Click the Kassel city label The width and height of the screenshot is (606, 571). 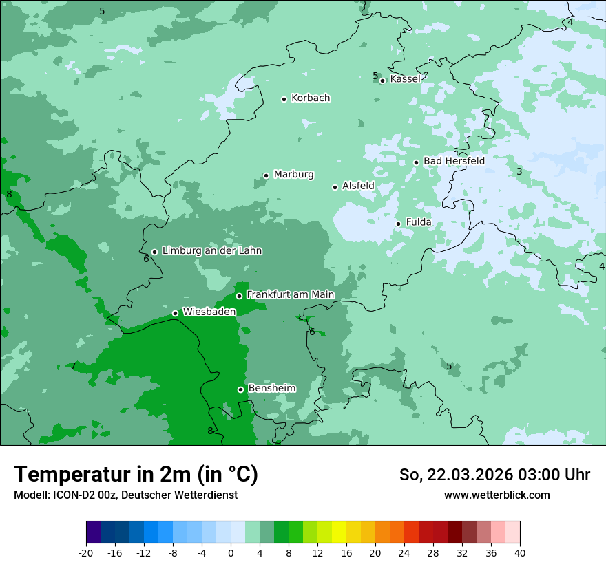[405, 79]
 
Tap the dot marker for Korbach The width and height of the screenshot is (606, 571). [284, 99]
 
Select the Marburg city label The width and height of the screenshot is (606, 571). [293, 175]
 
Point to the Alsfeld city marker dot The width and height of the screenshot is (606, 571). [335, 187]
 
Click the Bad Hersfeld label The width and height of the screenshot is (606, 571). [454, 161]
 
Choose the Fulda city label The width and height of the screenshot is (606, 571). [419, 222]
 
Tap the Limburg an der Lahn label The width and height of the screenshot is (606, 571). [211, 251]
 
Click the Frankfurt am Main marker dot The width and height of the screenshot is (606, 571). [240, 296]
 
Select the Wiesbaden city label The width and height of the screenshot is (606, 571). [209, 312]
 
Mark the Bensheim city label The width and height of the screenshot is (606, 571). [271, 388]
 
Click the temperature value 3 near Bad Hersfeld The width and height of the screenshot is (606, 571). [519, 171]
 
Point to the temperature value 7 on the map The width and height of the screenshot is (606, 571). [73, 366]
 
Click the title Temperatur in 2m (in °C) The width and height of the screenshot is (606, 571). [136, 475]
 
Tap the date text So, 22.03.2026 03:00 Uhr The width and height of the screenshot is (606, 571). [494, 475]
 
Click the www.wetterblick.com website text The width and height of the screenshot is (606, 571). [497, 495]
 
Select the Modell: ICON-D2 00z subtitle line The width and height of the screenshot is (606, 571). [125, 495]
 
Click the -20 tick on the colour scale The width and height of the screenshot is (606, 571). [86, 553]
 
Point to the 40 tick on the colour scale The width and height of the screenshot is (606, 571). [520, 553]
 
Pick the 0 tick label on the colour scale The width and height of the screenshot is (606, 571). [231, 553]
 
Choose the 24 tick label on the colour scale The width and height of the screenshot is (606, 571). [404, 553]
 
